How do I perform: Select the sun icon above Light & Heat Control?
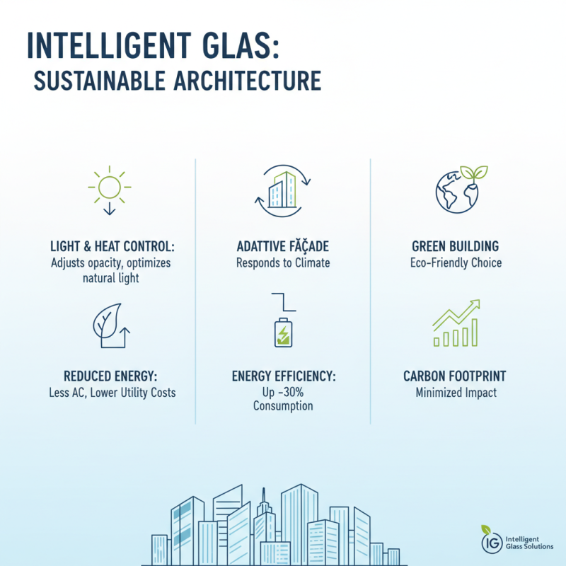[110, 187]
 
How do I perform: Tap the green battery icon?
[283, 333]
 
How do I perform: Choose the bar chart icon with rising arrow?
[456, 324]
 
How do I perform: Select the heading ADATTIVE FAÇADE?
[283, 247]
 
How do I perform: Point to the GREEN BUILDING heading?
[455, 247]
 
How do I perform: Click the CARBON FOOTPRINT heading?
[455, 376]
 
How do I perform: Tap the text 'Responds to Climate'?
[283, 263]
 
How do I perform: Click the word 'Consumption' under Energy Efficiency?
[283, 406]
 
